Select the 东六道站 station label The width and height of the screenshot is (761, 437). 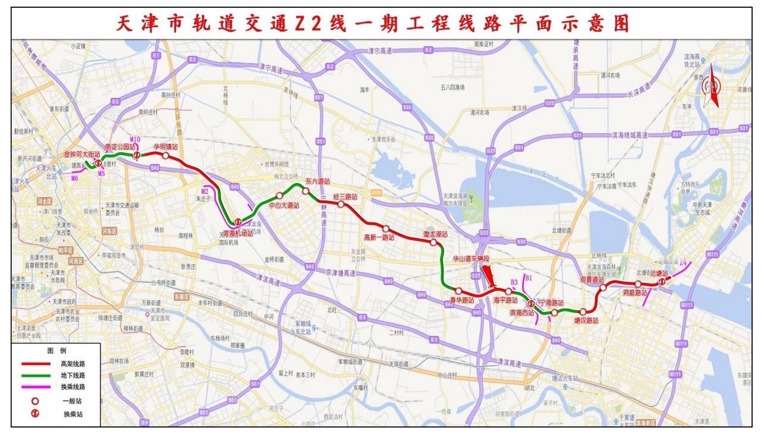point(317,181)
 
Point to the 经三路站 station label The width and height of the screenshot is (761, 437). point(345,196)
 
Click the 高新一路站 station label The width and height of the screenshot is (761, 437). point(379,237)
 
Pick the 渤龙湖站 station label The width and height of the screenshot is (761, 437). point(435,235)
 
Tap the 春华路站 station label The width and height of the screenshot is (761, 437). point(461,300)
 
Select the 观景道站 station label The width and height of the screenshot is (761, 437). point(592,279)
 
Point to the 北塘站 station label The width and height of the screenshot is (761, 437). point(659,274)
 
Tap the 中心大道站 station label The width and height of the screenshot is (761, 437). point(284,205)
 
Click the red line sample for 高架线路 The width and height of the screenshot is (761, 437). point(36,364)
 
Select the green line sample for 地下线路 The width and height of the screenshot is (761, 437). point(36,375)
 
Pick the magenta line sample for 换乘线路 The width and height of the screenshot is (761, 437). point(36,387)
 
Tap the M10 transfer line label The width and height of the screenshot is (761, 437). point(134,140)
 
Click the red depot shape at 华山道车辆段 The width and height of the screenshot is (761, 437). point(489,275)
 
